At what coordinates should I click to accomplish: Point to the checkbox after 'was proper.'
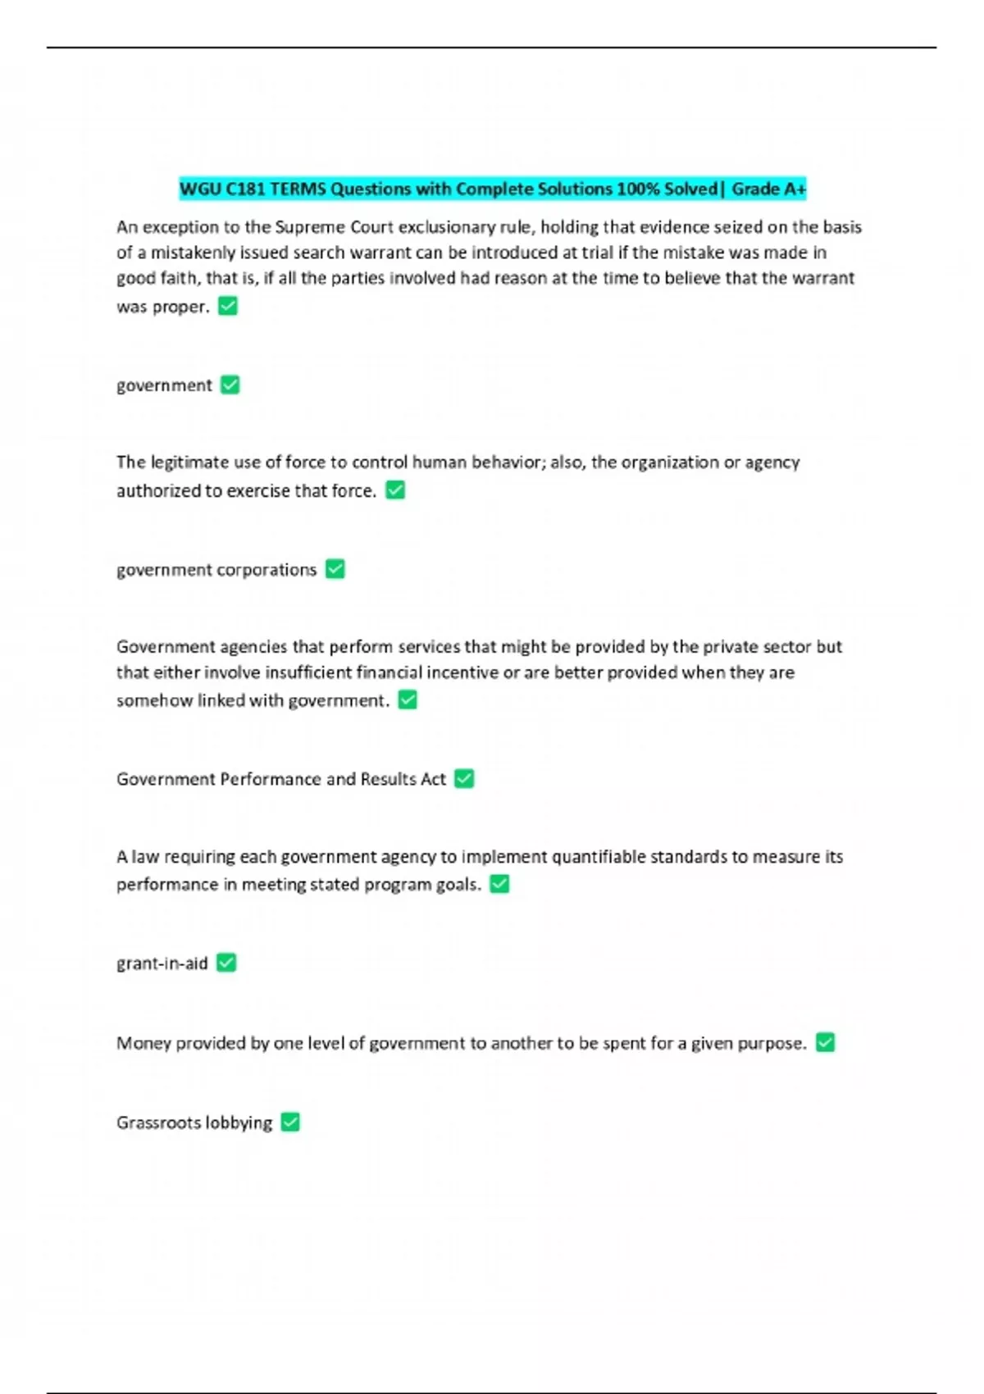(x=228, y=306)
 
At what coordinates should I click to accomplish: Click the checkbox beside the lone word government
(x=230, y=385)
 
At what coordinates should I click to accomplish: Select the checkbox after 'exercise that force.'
(x=395, y=490)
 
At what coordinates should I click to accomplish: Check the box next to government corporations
(x=335, y=569)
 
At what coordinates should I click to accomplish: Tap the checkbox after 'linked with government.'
(x=408, y=700)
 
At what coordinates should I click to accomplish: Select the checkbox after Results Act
(x=464, y=778)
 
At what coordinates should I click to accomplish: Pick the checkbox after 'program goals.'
(x=499, y=884)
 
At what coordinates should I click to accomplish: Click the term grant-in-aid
(x=162, y=963)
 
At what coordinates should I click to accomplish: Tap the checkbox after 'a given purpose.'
(x=826, y=1042)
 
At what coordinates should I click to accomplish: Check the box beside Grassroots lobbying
(x=290, y=1122)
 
